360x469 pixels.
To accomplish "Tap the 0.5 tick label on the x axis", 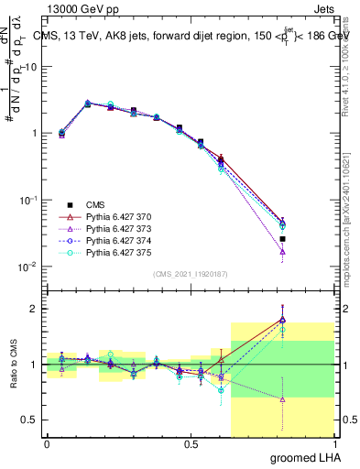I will point(191,443).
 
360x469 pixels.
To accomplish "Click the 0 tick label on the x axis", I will point(47,443).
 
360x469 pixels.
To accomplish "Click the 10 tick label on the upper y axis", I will point(33,67).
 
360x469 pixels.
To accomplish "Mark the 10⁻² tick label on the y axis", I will point(29,267).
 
